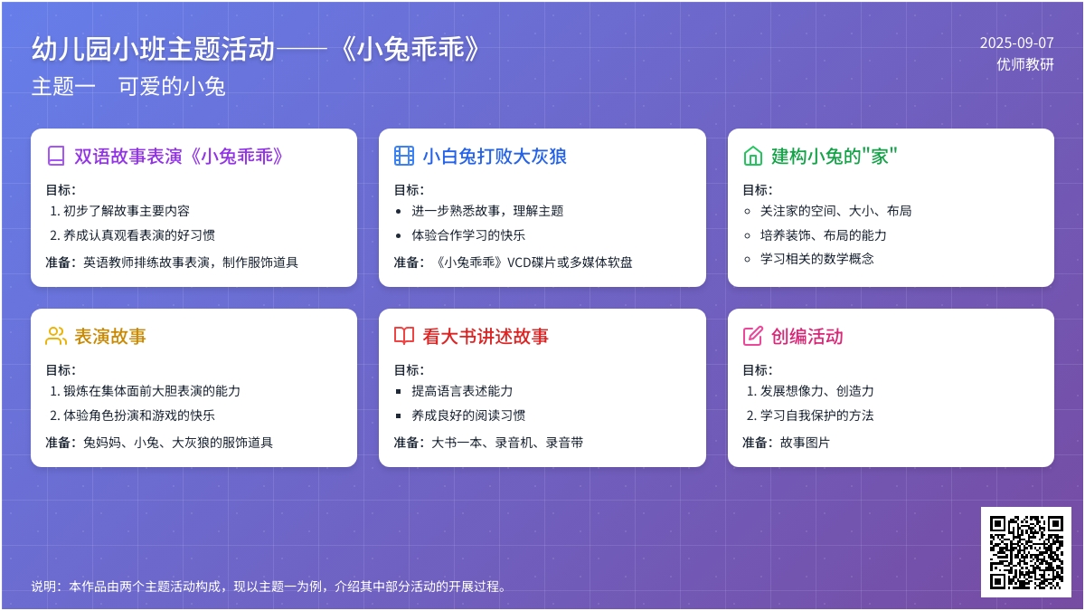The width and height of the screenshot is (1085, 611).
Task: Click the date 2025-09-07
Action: tap(1016, 43)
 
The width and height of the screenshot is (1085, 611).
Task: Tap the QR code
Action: tap(1026, 552)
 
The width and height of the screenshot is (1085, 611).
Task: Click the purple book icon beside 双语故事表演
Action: tap(56, 156)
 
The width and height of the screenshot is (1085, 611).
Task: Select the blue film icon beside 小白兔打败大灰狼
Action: tap(404, 156)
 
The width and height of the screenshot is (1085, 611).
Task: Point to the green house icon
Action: tap(752, 156)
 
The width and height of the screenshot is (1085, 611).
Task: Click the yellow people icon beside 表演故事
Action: tap(56, 336)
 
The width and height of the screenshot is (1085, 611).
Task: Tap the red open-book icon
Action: tap(404, 336)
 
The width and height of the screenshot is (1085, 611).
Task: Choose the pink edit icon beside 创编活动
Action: tap(752, 336)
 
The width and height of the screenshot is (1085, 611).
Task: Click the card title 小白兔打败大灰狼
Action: tap(494, 156)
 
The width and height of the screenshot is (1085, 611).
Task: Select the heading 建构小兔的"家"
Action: tap(834, 156)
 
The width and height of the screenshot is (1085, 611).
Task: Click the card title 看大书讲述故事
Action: tap(486, 336)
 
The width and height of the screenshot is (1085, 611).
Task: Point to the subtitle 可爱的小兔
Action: tap(172, 87)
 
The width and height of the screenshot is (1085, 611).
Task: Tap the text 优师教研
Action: tap(1025, 64)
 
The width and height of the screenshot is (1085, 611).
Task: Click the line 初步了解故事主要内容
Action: tap(127, 211)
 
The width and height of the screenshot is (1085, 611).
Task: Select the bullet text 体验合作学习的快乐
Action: tap(468, 235)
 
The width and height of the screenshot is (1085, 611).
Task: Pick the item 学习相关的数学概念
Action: tap(817, 259)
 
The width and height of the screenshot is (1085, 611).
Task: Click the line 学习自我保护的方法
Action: tap(817, 415)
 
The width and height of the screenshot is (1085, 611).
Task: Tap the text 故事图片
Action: tap(805, 443)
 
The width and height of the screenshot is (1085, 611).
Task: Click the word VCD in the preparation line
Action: tap(519, 263)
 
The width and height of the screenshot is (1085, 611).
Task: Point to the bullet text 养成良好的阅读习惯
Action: tap(468, 415)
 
